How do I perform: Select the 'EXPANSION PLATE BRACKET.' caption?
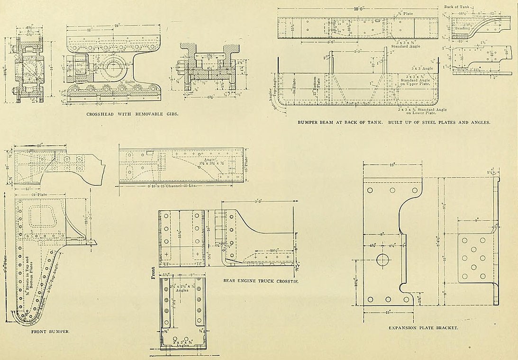click(423, 328)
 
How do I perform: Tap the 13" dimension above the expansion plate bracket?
click(392, 165)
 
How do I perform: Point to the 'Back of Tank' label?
click(456, 7)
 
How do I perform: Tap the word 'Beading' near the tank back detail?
click(463, 28)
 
